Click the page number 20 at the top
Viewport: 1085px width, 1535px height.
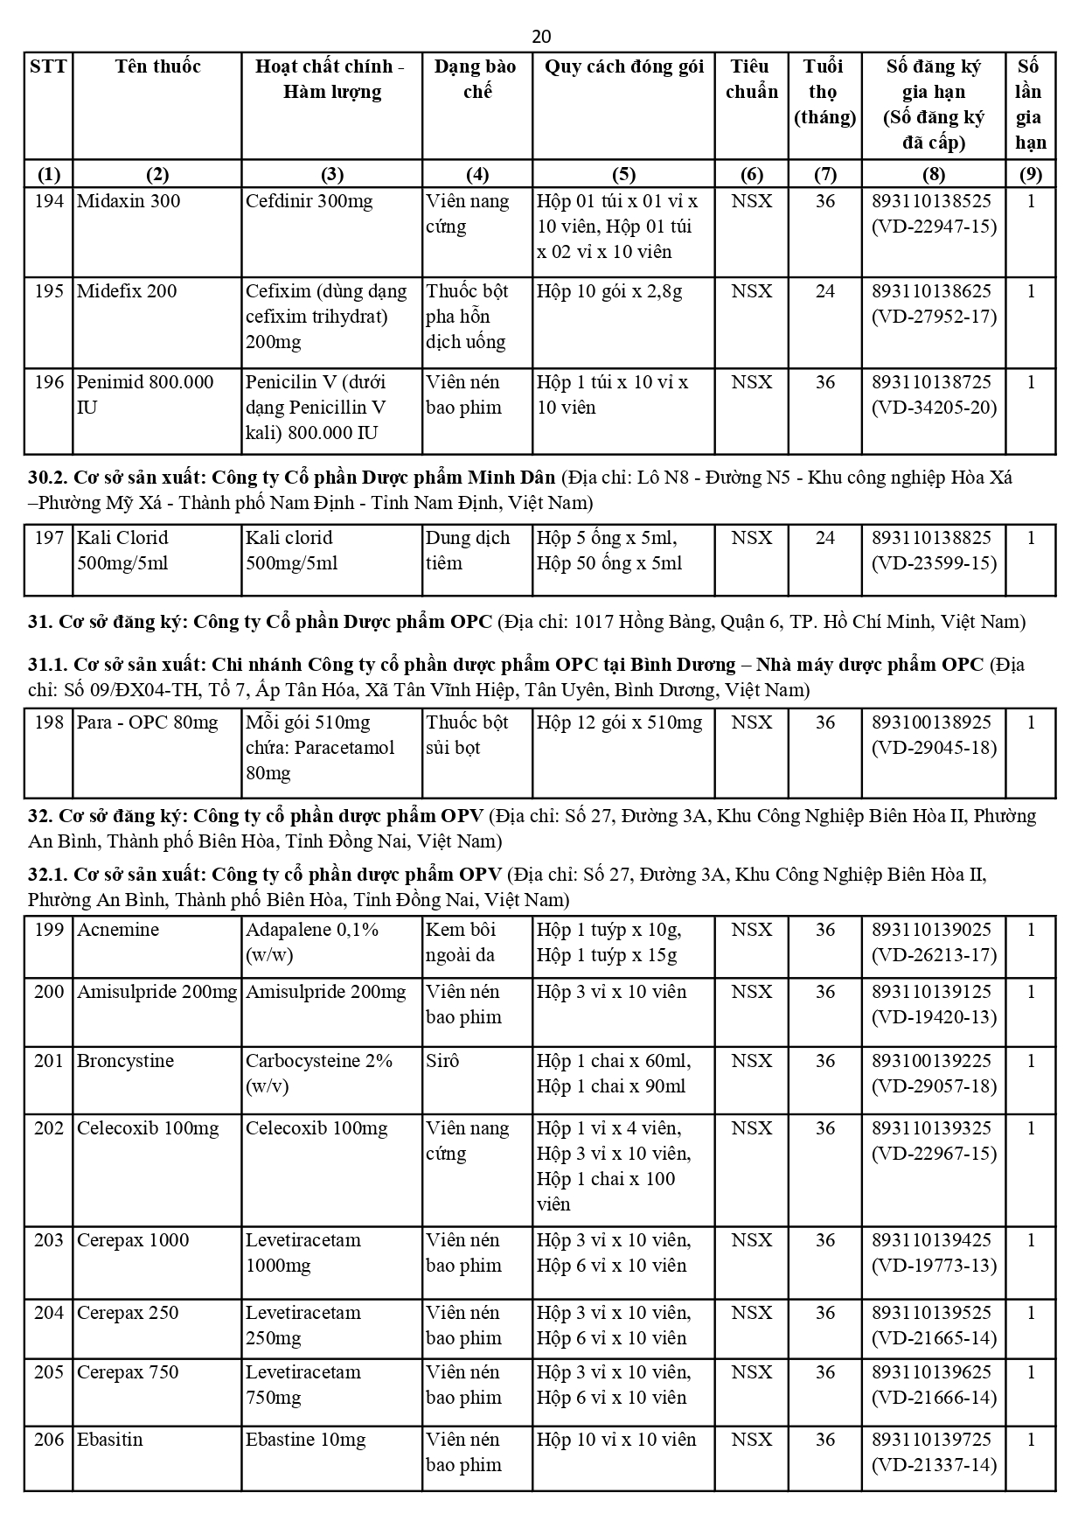pyautogui.click(x=541, y=36)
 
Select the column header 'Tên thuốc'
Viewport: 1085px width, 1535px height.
pyautogui.click(x=157, y=66)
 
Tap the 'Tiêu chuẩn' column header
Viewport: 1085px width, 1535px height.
pyautogui.click(x=751, y=79)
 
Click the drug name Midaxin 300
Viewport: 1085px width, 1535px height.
pyautogui.click(x=129, y=201)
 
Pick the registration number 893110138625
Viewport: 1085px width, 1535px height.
pyautogui.click(x=932, y=291)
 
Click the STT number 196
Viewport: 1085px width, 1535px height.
pyautogui.click(x=49, y=382)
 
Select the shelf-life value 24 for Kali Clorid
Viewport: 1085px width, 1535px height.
pyautogui.click(x=824, y=538)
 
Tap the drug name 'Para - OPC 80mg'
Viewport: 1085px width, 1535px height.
pyautogui.click(x=147, y=722)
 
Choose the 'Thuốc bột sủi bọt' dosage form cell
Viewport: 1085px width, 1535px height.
pyautogui.click(x=467, y=735)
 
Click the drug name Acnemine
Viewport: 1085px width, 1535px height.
pyautogui.click(x=118, y=930)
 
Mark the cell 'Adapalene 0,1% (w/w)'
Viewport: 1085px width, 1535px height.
pyautogui.click(x=311, y=942)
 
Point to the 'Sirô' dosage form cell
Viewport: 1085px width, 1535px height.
pyautogui.click(x=442, y=1061)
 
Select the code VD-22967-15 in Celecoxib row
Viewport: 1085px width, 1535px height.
pyautogui.click(x=934, y=1154)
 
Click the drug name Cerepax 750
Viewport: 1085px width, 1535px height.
pyautogui.click(x=128, y=1372)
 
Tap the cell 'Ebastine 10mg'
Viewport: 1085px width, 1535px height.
pyautogui.click(x=305, y=1440)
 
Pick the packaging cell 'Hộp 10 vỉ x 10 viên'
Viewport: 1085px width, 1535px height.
pyautogui.click(x=616, y=1440)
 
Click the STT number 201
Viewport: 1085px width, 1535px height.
pyautogui.click(x=49, y=1061)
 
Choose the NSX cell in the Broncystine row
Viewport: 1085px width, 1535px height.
pyautogui.click(x=751, y=1061)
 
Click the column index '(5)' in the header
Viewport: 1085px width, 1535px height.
pyautogui.click(x=623, y=174)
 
